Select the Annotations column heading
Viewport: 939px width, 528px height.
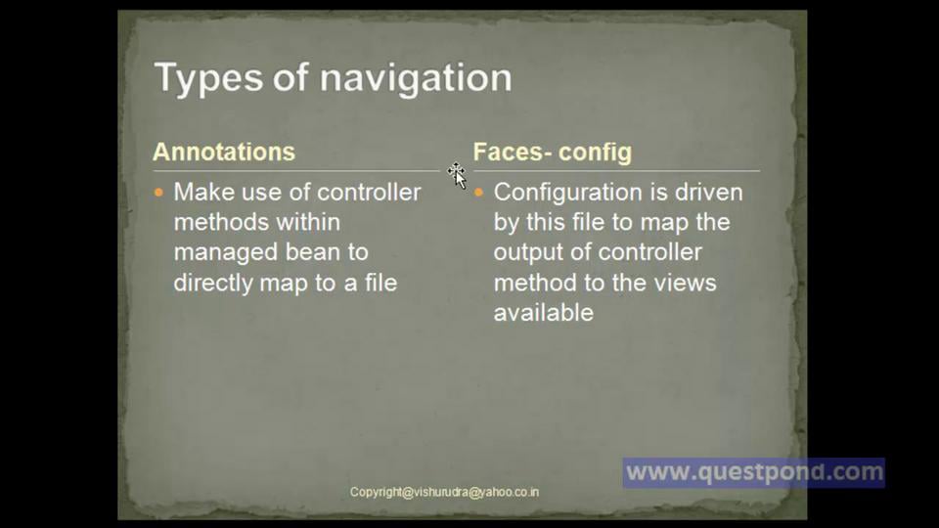(224, 152)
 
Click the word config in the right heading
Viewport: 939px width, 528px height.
(595, 153)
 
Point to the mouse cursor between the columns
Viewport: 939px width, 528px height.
(457, 175)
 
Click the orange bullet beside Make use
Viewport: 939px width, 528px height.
(160, 193)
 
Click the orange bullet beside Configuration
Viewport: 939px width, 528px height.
(479, 193)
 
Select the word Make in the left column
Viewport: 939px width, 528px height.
(204, 192)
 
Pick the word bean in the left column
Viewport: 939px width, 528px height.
(313, 252)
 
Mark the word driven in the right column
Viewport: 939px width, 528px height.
(706, 192)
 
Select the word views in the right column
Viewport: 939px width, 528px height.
(687, 283)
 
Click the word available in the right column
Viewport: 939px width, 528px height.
(543, 313)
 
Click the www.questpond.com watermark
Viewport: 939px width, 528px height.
(754, 473)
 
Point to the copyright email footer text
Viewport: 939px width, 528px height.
(444, 492)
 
